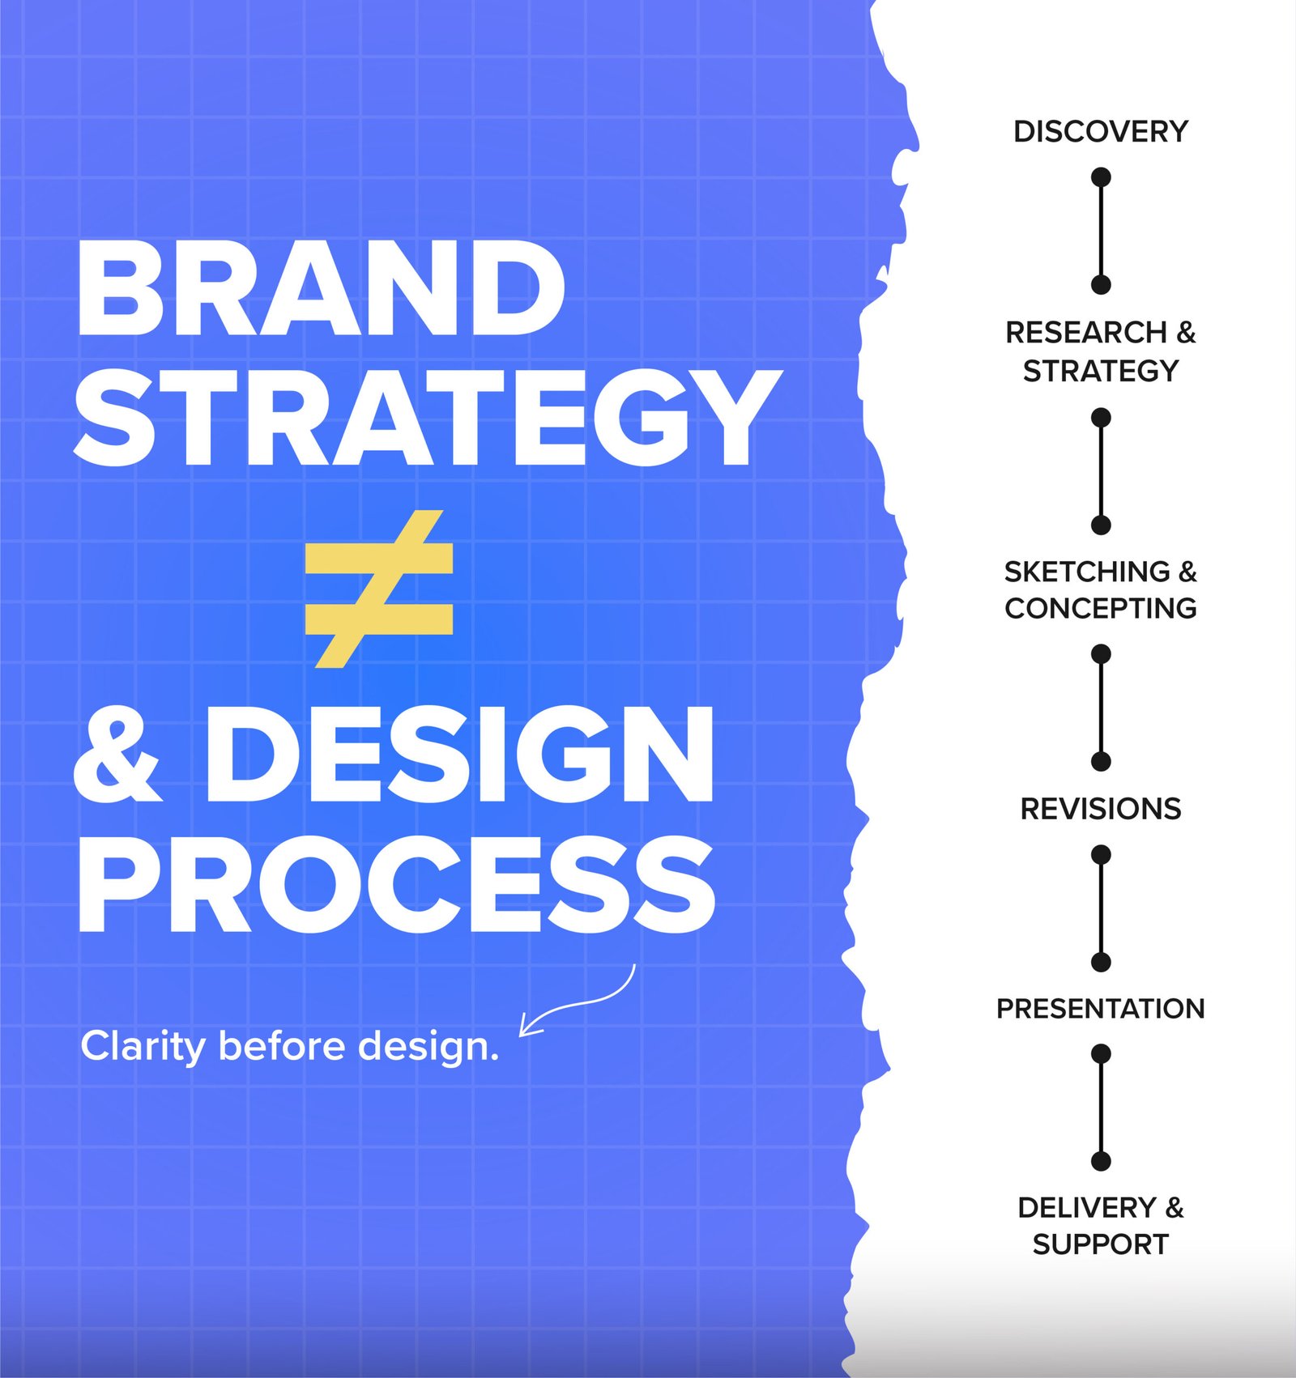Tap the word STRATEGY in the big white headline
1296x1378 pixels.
428,418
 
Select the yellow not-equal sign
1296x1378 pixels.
379,589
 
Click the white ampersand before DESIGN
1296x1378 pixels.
118,754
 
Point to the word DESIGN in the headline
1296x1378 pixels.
460,754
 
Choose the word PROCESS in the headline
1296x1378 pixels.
397,884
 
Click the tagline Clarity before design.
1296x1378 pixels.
290,1045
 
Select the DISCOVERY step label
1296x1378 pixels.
1101,131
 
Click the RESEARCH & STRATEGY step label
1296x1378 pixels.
1101,351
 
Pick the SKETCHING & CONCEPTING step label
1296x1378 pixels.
1101,589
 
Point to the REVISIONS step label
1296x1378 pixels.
1101,809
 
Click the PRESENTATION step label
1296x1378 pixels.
1101,1009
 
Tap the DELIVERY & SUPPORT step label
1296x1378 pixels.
1101,1226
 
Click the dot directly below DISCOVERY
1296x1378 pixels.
1101,177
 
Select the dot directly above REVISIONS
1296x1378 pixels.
1101,761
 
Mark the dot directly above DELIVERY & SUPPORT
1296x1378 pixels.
1101,1161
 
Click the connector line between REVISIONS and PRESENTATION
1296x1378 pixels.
1101,908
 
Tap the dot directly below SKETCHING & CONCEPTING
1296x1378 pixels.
1101,654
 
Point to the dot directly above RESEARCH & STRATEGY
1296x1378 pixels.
1101,284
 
